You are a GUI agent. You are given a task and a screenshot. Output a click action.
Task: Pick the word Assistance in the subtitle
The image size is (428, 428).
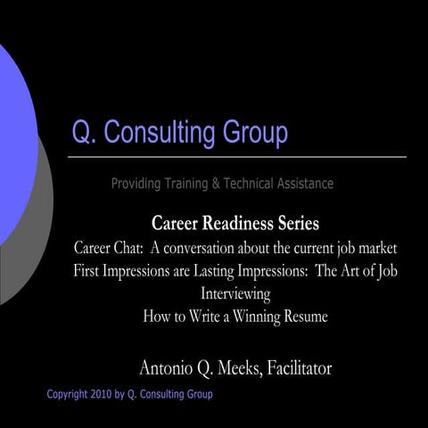click(x=302, y=184)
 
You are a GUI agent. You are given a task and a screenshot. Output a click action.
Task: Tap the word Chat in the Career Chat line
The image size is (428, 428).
click(x=135, y=246)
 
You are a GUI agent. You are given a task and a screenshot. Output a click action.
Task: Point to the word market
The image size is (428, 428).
click(x=373, y=246)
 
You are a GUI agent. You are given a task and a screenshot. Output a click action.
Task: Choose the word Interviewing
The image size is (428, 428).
click(x=235, y=293)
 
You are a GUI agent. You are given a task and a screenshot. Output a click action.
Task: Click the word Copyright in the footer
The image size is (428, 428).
click(x=72, y=394)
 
